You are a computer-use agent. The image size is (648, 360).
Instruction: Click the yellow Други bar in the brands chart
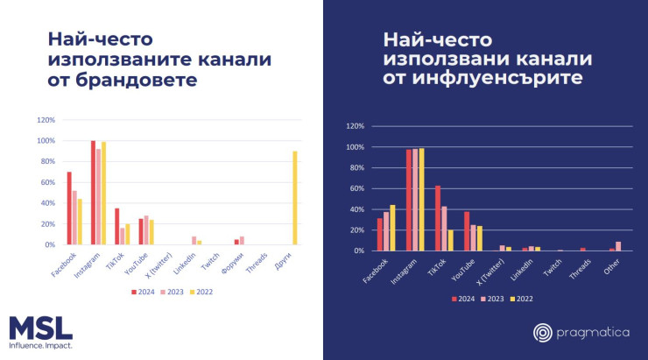pos(294,198)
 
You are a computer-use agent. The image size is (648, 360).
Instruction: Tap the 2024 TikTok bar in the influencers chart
pos(438,218)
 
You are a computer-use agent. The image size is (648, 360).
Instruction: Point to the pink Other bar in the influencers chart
pos(618,246)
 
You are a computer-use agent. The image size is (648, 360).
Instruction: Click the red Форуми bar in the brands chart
pos(236,242)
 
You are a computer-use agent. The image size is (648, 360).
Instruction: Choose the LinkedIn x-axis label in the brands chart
pos(184,263)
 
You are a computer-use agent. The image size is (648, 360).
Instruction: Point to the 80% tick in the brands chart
pos(46,161)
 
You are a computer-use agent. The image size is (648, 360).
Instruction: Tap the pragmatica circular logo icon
pos(544,332)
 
